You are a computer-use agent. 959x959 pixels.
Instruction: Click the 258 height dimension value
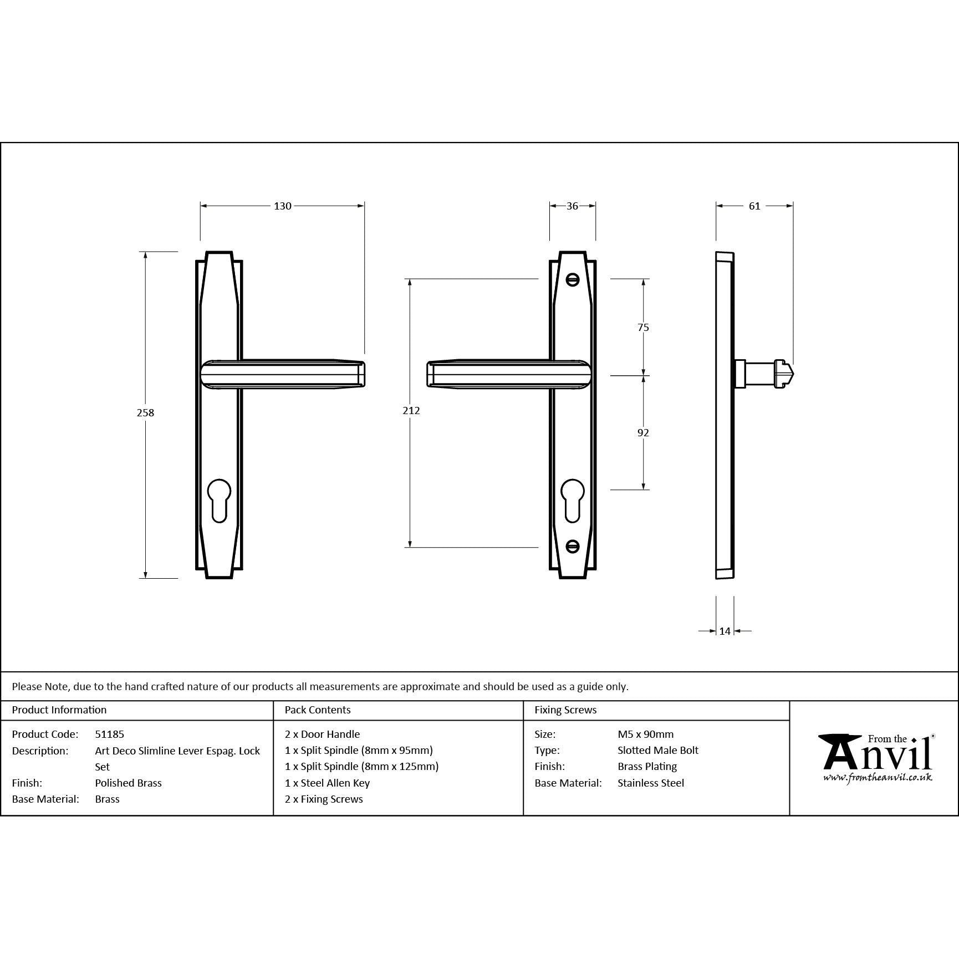[x=145, y=412]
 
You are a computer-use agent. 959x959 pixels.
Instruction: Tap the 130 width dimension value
[x=282, y=206]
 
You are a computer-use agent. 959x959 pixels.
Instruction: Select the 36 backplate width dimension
[x=572, y=206]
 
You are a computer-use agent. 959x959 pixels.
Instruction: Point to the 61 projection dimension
[x=754, y=206]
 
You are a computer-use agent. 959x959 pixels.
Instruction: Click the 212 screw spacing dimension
[x=411, y=410]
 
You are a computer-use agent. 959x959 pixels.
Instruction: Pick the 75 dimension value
[x=643, y=328]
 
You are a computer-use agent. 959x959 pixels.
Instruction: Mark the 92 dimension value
[x=643, y=432]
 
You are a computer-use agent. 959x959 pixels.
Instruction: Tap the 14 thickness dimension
[x=725, y=631]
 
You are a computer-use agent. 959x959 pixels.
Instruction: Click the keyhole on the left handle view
[x=219, y=499]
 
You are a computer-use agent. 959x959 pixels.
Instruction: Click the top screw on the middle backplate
[x=573, y=280]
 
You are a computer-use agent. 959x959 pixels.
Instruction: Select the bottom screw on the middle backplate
[x=573, y=547]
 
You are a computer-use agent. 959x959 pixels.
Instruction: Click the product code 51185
[x=110, y=734]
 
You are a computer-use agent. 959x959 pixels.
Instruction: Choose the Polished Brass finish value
[x=128, y=783]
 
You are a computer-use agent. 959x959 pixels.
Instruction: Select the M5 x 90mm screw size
[x=645, y=734]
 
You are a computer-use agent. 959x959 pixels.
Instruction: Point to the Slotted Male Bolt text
[x=657, y=750]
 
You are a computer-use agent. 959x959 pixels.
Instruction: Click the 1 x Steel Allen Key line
[x=327, y=783]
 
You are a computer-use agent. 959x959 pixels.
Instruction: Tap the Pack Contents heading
[x=317, y=710]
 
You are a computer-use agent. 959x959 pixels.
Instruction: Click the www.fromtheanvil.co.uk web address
[x=877, y=778]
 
